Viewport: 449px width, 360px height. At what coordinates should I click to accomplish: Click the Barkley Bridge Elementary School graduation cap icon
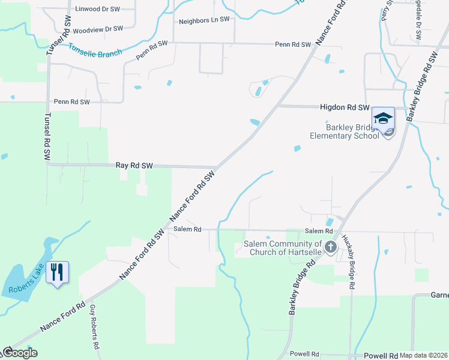(x=383, y=118)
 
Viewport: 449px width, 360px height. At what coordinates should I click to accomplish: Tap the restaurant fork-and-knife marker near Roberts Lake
(x=57, y=272)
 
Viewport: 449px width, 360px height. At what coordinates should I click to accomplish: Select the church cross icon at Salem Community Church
(x=330, y=247)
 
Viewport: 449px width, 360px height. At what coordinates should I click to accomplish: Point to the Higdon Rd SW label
(x=345, y=107)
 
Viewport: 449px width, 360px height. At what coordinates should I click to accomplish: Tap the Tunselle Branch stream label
(x=95, y=50)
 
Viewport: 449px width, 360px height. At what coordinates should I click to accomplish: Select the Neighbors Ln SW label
(x=204, y=20)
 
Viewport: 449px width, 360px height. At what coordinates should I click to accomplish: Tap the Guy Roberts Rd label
(x=94, y=327)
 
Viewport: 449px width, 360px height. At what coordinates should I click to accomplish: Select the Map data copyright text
(x=424, y=355)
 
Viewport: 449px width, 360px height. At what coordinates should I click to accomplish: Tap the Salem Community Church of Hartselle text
(x=283, y=248)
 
